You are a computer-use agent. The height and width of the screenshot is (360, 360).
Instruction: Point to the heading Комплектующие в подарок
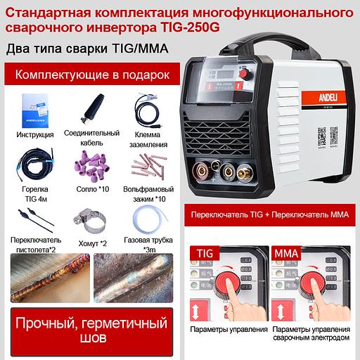pos(92,74)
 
